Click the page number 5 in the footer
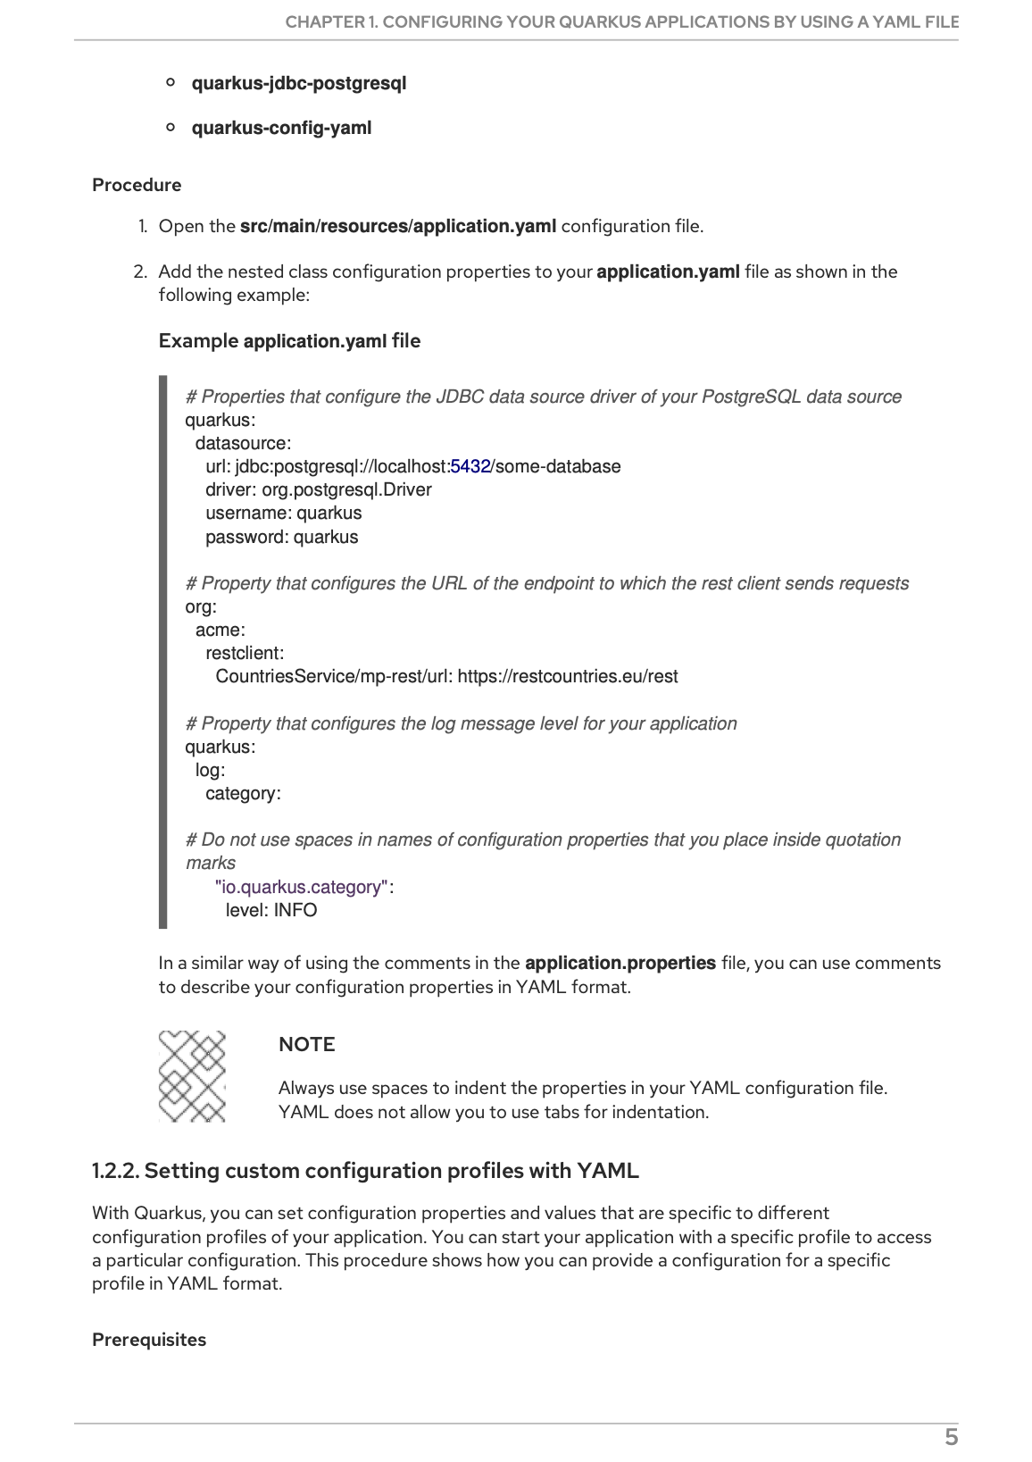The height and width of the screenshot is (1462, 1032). [x=951, y=1437]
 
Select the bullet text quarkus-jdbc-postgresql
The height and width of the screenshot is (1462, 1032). [x=299, y=83]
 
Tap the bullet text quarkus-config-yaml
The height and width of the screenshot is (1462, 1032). [x=281, y=128]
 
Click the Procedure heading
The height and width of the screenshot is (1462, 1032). [x=137, y=185]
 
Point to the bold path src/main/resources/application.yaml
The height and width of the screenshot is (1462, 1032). [x=398, y=226]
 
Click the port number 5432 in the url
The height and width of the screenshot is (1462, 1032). [x=470, y=466]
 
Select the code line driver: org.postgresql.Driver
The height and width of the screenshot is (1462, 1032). [x=319, y=489]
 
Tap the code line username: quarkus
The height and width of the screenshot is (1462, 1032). [x=284, y=513]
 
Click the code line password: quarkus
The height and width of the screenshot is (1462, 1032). [x=282, y=537]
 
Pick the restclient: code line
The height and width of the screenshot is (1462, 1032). [x=245, y=653]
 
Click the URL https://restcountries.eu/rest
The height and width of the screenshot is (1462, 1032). [x=568, y=676]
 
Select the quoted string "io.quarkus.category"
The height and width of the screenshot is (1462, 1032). [x=302, y=887]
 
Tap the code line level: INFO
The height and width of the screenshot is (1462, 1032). [x=271, y=910]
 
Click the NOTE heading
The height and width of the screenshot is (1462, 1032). [x=306, y=1044]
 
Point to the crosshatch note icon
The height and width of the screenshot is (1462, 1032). [x=192, y=1076]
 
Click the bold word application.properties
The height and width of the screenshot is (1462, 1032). [x=620, y=963]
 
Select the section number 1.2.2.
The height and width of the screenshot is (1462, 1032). [x=115, y=1170]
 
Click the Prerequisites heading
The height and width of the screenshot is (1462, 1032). [x=149, y=1340]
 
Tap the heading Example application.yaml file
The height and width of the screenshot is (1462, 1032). [x=289, y=341]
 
